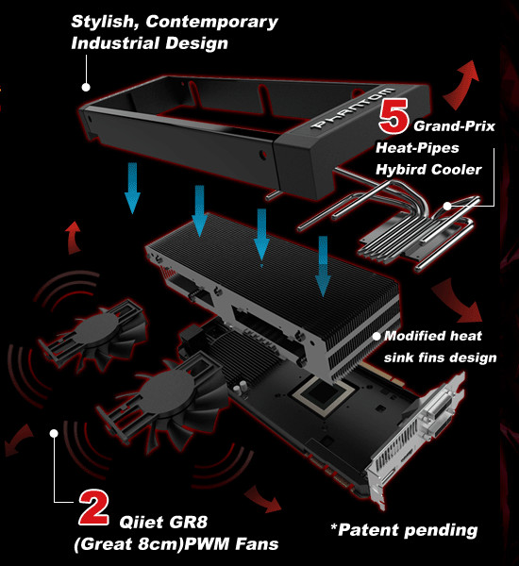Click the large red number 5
(x=394, y=116)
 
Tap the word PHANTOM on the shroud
(x=354, y=108)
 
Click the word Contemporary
(x=212, y=23)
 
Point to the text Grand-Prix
(x=454, y=126)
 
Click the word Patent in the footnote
(x=368, y=530)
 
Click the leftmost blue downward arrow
(x=132, y=188)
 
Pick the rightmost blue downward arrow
(x=323, y=266)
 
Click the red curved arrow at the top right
(x=462, y=85)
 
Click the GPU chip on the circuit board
(x=324, y=394)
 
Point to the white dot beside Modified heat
(x=377, y=336)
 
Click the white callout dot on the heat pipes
(x=447, y=206)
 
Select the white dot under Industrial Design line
(x=86, y=87)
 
